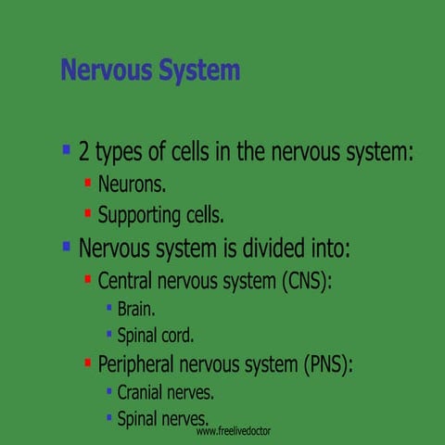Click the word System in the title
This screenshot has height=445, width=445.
[x=197, y=70]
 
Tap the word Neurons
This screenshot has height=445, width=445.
[x=132, y=184]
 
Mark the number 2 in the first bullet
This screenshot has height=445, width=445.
[x=84, y=151]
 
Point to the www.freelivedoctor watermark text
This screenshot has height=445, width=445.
[x=233, y=432]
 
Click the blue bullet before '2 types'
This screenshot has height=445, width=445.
[x=66, y=149]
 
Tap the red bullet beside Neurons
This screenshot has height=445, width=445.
[x=87, y=182]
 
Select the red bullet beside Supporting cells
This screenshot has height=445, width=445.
[x=87, y=213]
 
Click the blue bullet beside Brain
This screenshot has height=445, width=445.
[x=108, y=306]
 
